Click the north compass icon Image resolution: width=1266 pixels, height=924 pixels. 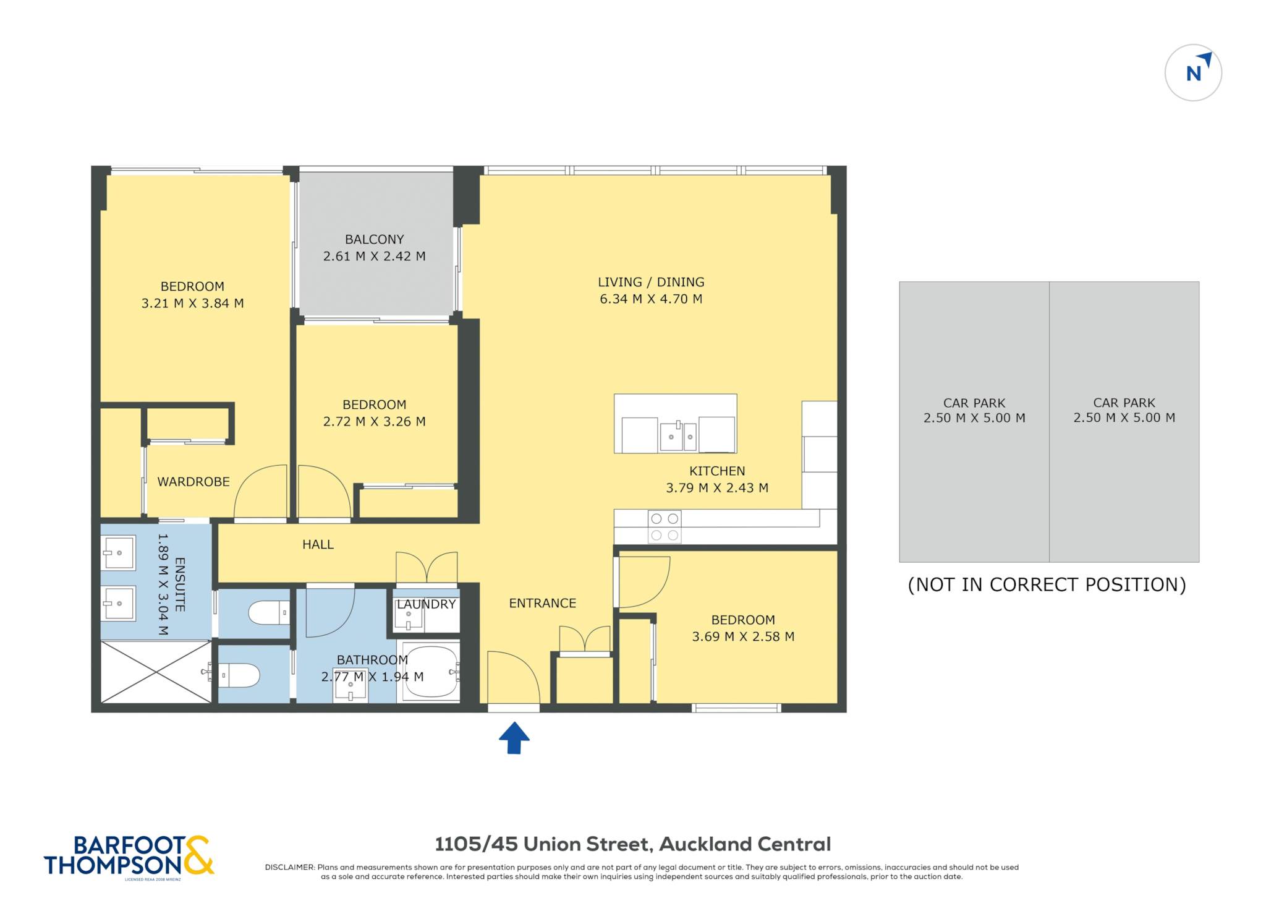pos(1193,72)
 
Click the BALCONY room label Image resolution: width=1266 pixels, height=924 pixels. pos(374,239)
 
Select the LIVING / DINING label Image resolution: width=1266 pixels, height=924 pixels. pos(651,282)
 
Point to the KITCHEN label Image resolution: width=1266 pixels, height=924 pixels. pos(717,471)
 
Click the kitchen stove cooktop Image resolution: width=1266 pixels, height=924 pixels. pos(665,527)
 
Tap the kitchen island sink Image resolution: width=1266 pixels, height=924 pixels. pos(678,435)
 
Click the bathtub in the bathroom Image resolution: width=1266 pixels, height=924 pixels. pos(430,672)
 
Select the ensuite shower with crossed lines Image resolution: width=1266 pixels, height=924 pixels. pos(156,672)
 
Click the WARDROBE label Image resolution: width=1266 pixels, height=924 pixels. pos(193,482)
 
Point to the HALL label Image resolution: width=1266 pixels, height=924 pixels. pos(318,544)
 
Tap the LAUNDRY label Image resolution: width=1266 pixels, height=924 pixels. pos(426,604)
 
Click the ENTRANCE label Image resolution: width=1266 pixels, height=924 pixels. pos(542,603)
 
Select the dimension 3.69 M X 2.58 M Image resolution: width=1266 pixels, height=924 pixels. pos(743,636)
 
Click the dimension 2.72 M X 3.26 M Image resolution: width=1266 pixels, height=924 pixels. pos(374,422)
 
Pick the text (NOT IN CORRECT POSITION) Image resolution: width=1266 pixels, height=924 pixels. pos(1047,584)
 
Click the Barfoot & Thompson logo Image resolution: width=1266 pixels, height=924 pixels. pos(129,856)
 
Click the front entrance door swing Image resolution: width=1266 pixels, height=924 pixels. pos(513,677)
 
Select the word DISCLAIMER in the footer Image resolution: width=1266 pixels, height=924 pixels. pos(289,867)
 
